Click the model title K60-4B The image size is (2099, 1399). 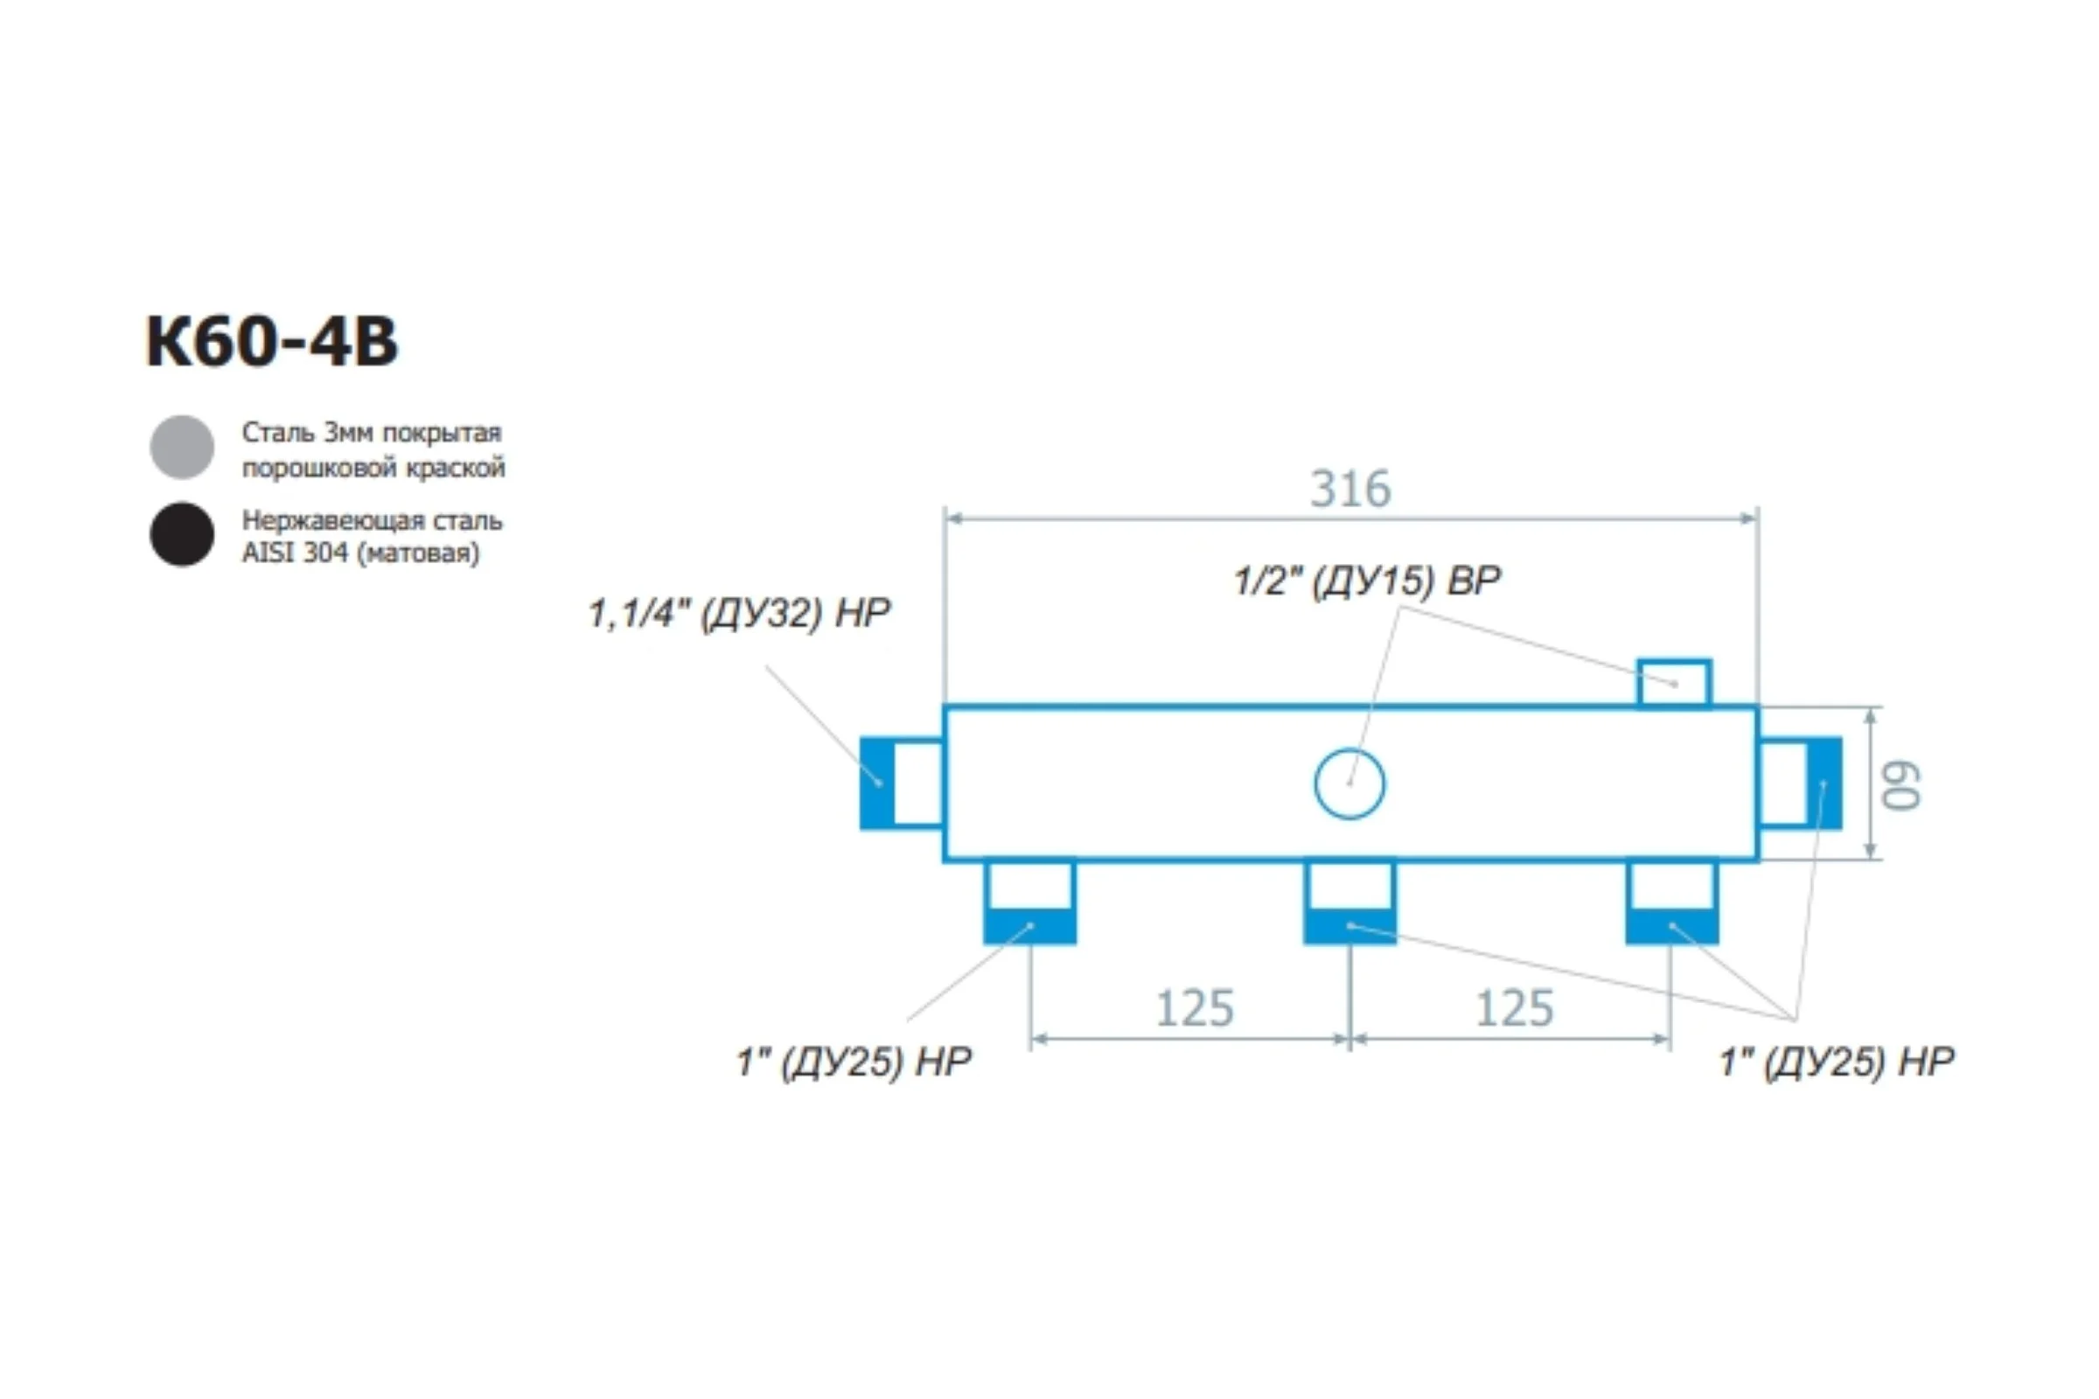point(272,342)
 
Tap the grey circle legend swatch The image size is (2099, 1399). point(182,447)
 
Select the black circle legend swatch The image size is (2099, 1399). point(182,534)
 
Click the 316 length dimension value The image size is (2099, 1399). point(1350,489)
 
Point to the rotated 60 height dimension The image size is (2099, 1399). point(1900,785)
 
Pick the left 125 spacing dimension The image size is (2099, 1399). point(1194,1009)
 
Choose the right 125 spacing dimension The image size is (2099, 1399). point(1515,1009)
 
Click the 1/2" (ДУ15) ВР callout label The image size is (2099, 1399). point(1367,581)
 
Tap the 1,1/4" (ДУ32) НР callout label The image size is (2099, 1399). point(739,614)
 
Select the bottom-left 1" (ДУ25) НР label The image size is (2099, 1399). point(854,1061)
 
